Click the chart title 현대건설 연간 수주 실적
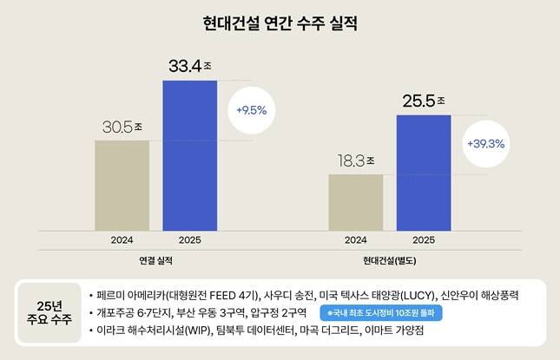(280, 20)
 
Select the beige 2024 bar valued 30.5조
(122, 185)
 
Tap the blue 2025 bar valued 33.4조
(189, 155)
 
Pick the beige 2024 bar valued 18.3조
(355, 202)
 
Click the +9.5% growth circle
(251, 110)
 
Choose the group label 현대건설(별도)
(390, 259)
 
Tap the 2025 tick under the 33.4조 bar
(189, 240)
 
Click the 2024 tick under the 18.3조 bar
(355, 240)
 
